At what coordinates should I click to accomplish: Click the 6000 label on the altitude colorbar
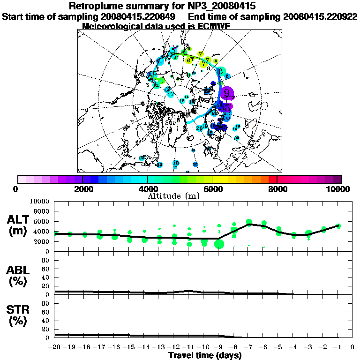point(212,189)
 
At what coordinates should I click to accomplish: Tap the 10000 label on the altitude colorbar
point(339,189)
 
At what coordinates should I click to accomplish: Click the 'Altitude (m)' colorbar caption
point(173,195)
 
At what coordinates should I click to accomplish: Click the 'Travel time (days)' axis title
point(204,355)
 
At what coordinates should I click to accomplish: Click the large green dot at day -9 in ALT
point(219,244)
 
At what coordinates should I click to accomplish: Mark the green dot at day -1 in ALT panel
point(338,225)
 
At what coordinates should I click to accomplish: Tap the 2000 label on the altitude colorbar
point(82,189)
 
